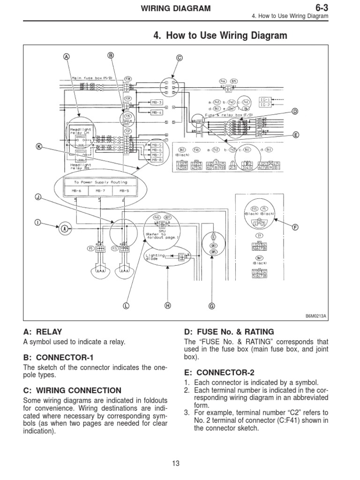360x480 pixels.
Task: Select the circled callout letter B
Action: click(x=111, y=55)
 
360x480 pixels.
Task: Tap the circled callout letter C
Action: click(x=179, y=58)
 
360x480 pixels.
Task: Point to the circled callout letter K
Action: click(x=39, y=147)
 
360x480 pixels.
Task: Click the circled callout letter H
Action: click(x=167, y=306)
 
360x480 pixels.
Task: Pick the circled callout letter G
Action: click(x=211, y=306)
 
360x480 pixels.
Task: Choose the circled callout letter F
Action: click(x=295, y=227)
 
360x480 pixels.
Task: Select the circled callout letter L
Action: click(x=125, y=306)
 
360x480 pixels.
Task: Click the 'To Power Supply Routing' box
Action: click(x=100, y=182)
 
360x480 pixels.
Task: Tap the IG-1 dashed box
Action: click(x=265, y=100)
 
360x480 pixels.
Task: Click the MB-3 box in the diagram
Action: click(x=157, y=103)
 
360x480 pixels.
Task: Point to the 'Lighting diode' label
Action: click(x=155, y=256)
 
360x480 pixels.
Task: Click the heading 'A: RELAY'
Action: click(x=43, y=331)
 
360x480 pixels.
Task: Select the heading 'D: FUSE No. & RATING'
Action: click(x=229, y=331)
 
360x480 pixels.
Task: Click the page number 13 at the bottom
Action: click(x=176, y=464)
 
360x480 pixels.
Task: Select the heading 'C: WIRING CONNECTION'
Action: click(x=72, y=390)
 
